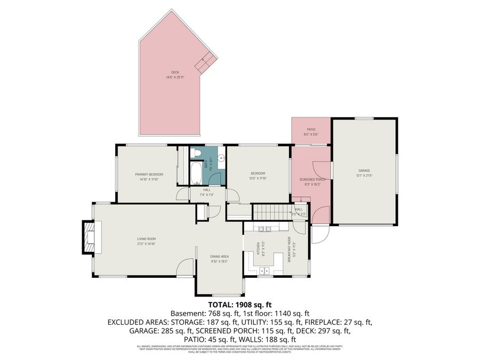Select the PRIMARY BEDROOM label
(149, 174)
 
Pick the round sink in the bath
(221, 158)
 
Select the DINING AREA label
(219, 256)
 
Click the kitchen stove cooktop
(263, 229)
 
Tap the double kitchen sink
(265, 271)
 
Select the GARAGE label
(364, 171)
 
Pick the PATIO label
(311, 129)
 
